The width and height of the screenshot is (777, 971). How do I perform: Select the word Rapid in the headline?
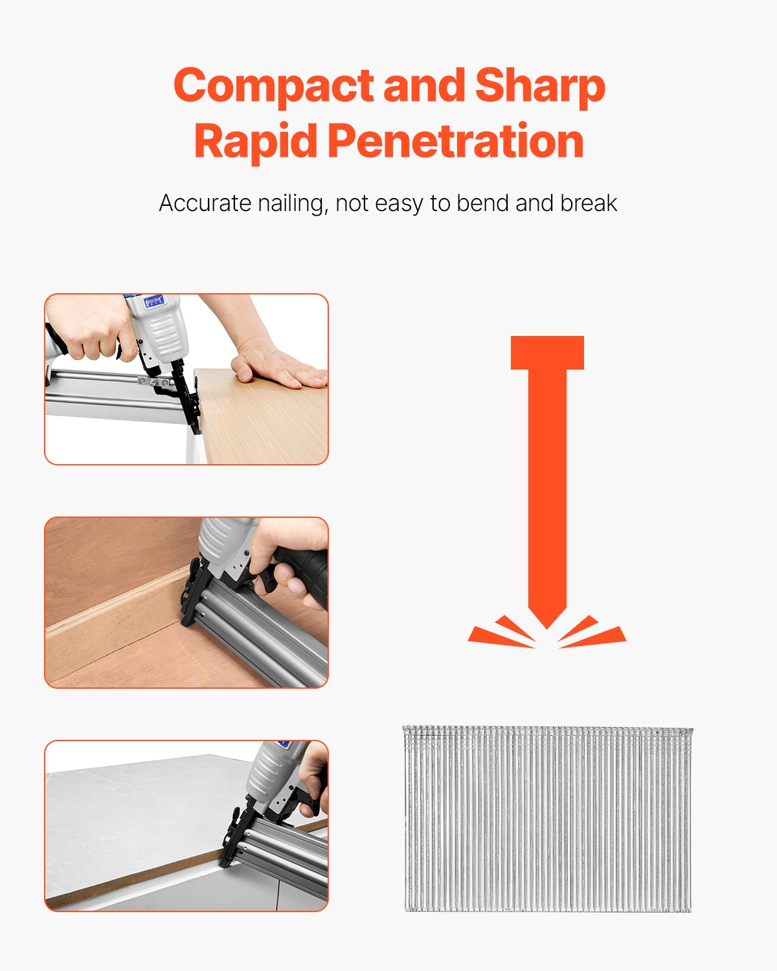click(x=256, y=141)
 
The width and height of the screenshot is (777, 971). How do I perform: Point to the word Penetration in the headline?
click(x=456, y=141)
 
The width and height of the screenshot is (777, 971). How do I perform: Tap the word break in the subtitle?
click(x=589, y=203)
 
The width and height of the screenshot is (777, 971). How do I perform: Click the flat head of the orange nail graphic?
click(x=547, y=353)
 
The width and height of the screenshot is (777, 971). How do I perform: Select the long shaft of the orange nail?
click(x=547, y=485)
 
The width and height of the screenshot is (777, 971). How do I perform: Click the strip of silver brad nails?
click(x=547, y=819)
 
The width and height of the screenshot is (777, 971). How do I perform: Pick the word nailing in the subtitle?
click(x=292, y=203)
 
